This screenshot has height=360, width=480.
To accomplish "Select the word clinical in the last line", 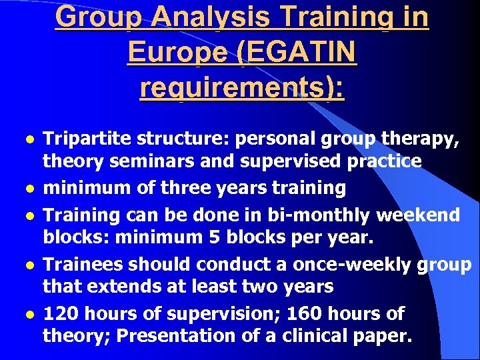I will point(311,337).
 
